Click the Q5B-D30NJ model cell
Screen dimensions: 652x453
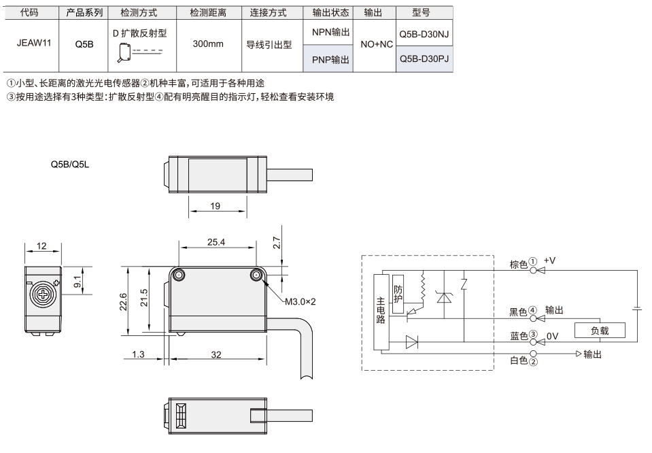point(424,34)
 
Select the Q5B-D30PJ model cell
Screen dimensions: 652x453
point(424,58)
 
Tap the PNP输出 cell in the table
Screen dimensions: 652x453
point(330,60)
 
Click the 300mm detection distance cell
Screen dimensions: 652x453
point(208,44)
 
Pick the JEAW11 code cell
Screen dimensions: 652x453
point(34,43)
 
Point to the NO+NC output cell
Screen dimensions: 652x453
point(377,44)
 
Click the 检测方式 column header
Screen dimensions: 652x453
point(139,13)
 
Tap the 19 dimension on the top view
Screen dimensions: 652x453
point(215,206)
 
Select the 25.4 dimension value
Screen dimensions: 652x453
point(216,242)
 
